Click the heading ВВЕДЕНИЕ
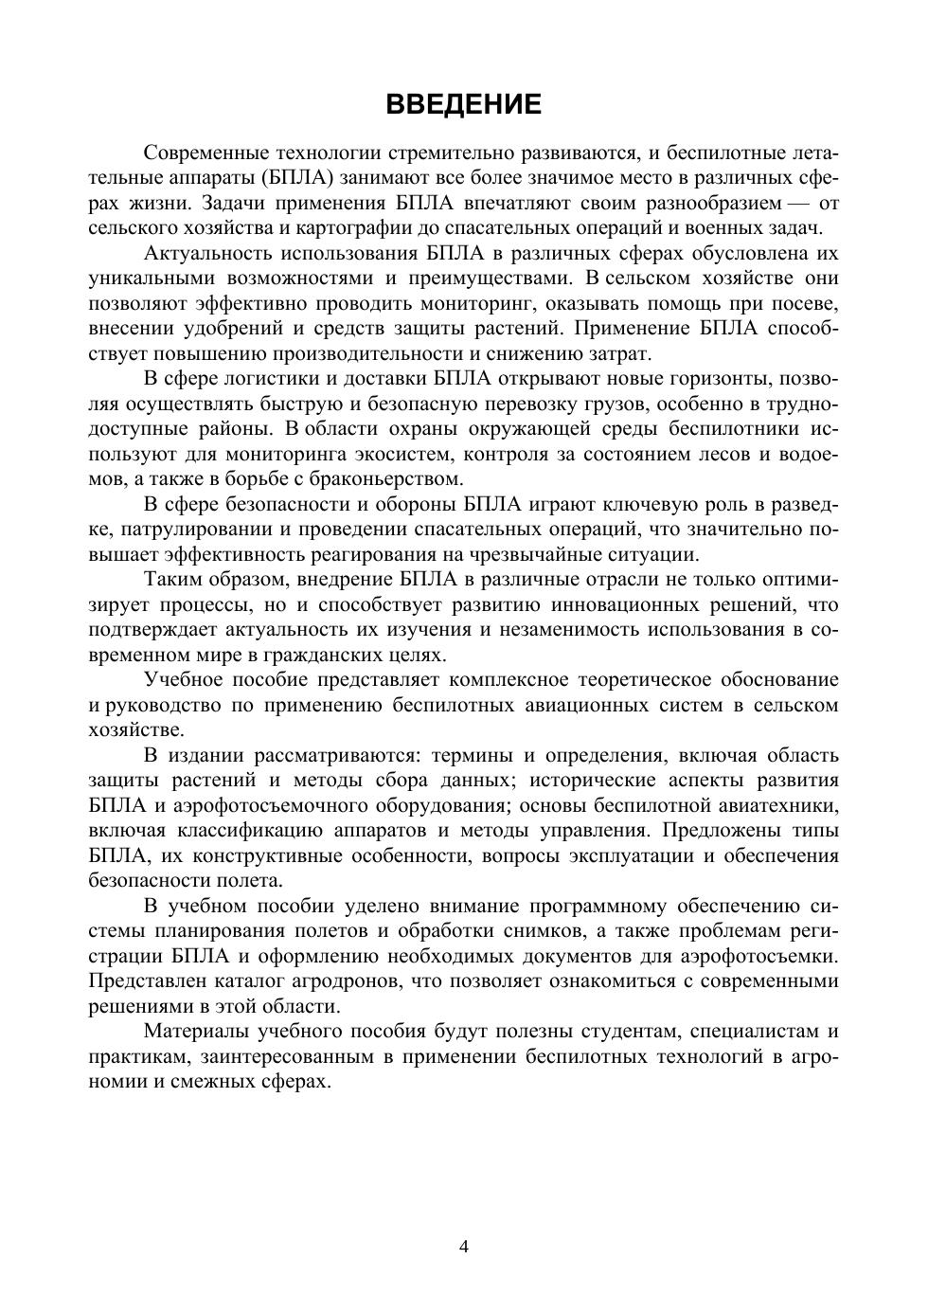tap(464, 104)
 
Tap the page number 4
tap(464, 1246)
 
